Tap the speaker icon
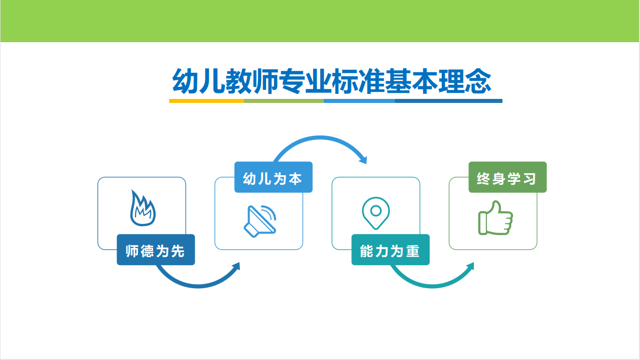(x=260, y=221)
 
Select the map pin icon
(x=375, y=213)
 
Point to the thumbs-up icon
(x=495, y=218)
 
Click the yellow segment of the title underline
(x=207, y=101)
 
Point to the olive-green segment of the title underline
(x=284, y=101)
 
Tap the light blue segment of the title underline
(x=359, y=101)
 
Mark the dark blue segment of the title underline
(x=449, y=101)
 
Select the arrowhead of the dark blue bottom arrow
(x=236, y=266)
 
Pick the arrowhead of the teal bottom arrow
(x=470, y=266)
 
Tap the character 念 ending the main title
(x=478, y=81)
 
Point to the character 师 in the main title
(x=265, y=81)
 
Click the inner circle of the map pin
(x=375, y=211)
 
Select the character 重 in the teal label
(x=413, y=251)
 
